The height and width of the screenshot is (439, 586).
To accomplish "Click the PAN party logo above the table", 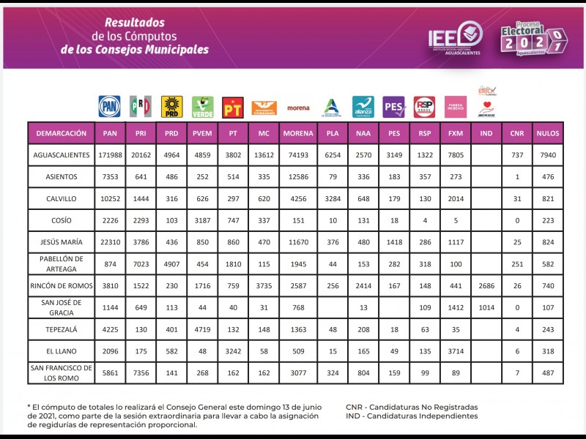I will [x=109, y=106].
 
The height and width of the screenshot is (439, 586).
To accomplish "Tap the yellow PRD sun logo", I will [x=171, y=106].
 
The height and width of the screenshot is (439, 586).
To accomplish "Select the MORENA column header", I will [x=298, y=133].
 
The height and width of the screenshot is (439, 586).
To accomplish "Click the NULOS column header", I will [x=548, y=133].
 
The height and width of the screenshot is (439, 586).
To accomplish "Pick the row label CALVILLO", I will [x=62, y=198].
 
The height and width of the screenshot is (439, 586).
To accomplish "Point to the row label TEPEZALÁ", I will [x=62, y=329].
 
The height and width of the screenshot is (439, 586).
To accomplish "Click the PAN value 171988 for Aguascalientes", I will [x=110, y=155].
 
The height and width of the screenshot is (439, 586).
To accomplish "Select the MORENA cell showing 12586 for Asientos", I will [x=298, y=176].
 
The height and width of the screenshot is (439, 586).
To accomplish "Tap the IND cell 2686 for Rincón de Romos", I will [x=486, y=285].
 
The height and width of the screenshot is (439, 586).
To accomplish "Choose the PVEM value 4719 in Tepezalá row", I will [x=202, y=329].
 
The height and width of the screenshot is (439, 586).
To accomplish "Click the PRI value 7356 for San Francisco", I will [x=140, y=373].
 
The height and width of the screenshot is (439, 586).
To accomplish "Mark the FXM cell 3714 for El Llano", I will [x=455, y=351].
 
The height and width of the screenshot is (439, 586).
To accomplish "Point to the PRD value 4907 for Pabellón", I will [x=171, y=263].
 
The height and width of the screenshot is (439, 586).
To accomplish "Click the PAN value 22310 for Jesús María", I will [x=110, y=242].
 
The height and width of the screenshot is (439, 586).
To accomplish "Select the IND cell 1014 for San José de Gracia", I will [x=486, y=307].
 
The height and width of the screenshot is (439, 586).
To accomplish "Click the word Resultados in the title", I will [x=134, y=23].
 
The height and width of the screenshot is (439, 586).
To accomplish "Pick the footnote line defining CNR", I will [x=411, y=406].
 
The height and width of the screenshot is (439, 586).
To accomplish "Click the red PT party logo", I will [x=232, y=108].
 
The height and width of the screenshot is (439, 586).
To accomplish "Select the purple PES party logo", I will [x=394, y=108].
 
